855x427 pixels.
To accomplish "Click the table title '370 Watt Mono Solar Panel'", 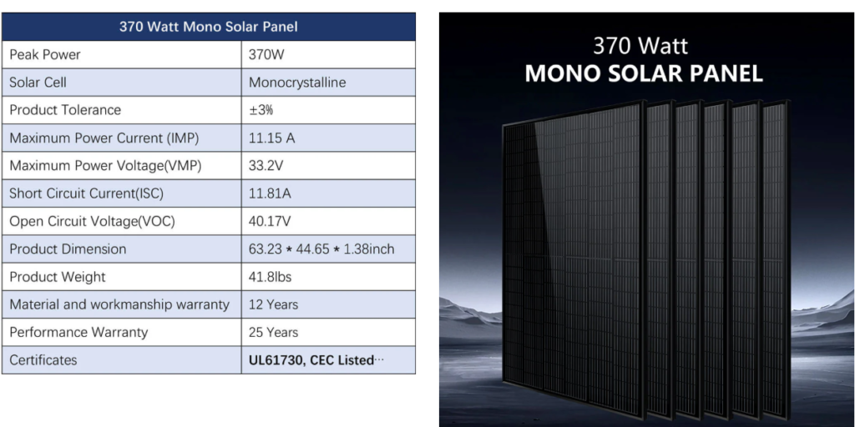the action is click(x=208, y=27).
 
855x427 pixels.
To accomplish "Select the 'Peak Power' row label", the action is click(x=45, y=54).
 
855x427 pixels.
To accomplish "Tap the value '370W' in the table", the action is click(x=266, y=54).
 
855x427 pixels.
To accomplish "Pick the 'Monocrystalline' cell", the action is click(x=297, y=83).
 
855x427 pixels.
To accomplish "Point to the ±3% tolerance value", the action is click(x=261, y=110).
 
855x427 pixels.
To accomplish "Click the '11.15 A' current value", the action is click(x=271, y=138).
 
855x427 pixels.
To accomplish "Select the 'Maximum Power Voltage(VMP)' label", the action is click(x=105, y=166).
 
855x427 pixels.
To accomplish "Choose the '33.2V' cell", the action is click(x=266, y=166).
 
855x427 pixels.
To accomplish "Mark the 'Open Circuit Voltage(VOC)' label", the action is click(x=92, y=222).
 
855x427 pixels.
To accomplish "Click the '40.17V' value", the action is click(x=271, y=222).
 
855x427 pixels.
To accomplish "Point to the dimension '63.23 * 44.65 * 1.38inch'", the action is click(x=321, y=249).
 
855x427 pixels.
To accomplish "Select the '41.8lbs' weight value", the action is click(x=270, y=277).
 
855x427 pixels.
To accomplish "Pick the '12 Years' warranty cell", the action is click(x=273, y=304).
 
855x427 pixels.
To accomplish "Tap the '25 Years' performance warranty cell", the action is click(x=273, y=332).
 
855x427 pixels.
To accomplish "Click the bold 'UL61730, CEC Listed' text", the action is click(x=311, y=360).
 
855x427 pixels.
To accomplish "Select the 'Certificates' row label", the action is click(x=43, y=360).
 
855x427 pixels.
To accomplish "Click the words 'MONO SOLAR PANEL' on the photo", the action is click(x=644, y=74).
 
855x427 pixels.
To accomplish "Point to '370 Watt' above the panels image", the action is click(x=640, y=46).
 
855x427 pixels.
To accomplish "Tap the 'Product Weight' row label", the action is click(x=58, y=277).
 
